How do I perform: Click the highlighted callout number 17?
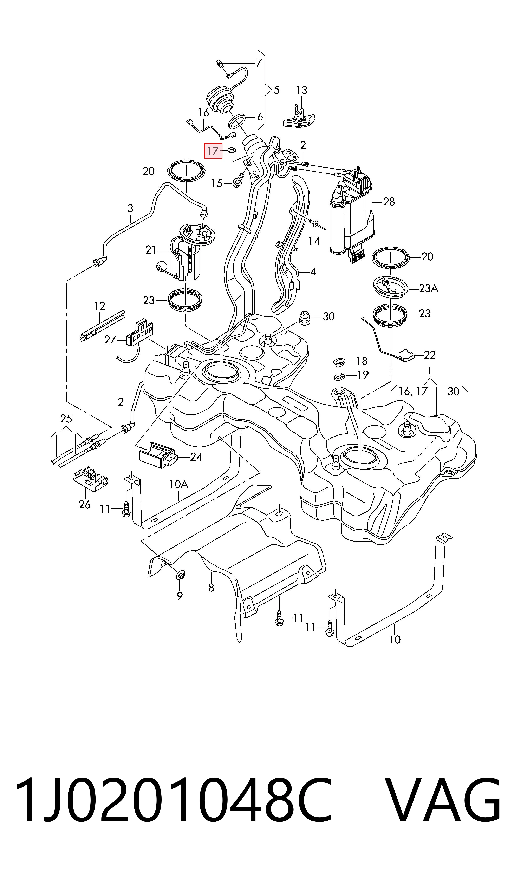point(213,151)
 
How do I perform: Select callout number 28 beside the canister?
point(389,202)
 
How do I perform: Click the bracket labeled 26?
point(90,479)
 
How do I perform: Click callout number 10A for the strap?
point(179,484)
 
